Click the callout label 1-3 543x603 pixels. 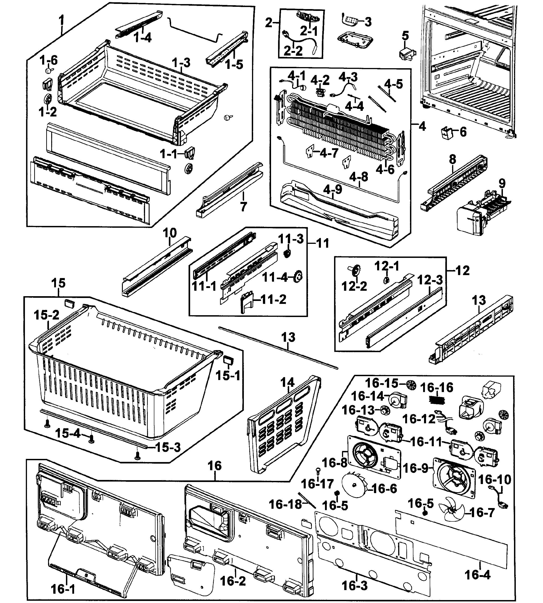(x=181, y=63)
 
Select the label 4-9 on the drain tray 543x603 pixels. (x=333, y=189)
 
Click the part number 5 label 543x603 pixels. (x=405, y=36)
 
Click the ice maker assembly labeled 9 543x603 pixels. (x=483, y=212)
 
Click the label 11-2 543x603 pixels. (x=273, y=299)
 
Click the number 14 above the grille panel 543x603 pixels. (x=287, y=383)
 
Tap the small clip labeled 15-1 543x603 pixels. (x=228, y=360)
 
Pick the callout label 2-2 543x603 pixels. (x=293, y=51)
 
